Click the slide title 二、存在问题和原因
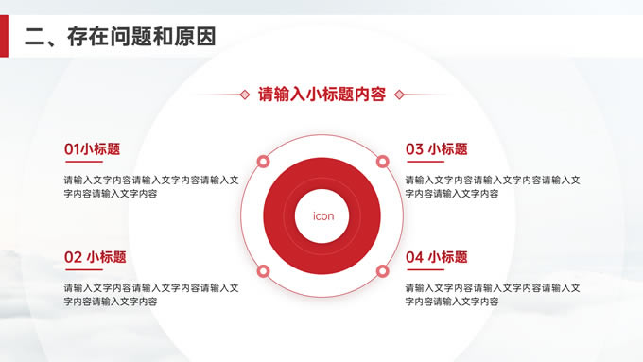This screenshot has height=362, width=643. (x=120, y=37)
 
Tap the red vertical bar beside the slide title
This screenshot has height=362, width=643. (x=4, y=36)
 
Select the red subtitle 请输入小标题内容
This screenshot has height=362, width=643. (x=321, y=95)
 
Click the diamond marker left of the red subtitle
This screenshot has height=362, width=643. (x=245, y=95)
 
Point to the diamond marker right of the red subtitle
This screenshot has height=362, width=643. (x=399, y=95)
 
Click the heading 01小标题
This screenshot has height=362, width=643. (x=93, y=148)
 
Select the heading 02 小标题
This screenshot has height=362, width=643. (x=96, y=257)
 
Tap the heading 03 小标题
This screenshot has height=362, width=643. (x=437, y=148)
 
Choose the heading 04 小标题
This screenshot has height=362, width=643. (x=437, y=257)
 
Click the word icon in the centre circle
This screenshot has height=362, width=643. (x=323, y=216)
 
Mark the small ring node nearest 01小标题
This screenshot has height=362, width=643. (x=263, y=162)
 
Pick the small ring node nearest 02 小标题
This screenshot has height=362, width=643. (x=263, y=271)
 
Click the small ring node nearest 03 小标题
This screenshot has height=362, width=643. (x=382, y=162)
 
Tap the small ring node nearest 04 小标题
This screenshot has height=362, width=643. (x=382, y=271)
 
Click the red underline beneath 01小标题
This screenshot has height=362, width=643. (x=84, y=162)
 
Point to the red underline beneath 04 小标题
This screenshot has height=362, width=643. (x=426, y=269)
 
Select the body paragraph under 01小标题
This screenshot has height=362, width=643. (x=151, y=186)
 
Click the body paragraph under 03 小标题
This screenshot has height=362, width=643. (x=493, y=186)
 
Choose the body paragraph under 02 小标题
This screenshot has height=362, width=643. (x=151, y=295)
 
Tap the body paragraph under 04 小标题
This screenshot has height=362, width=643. (x=493, y=295)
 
